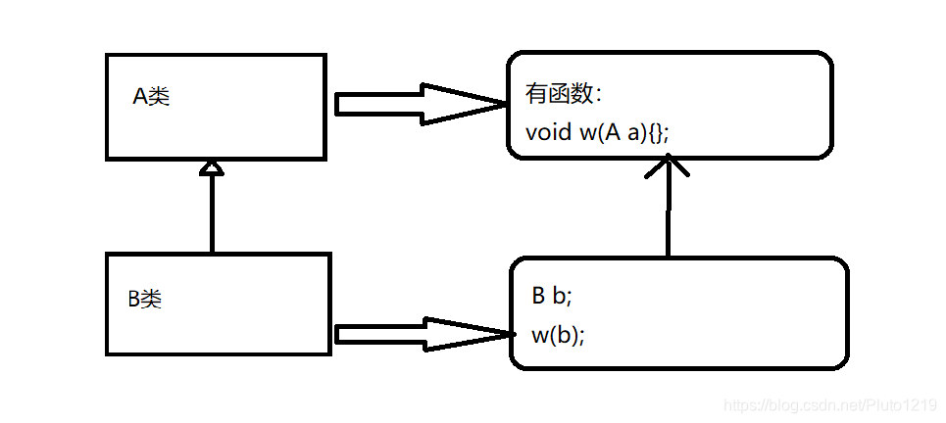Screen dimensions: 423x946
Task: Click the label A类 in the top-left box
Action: (x=151, y=97)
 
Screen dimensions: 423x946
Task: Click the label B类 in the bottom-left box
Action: (x=144, y=300)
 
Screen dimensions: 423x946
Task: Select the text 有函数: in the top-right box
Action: (x=565, y=95)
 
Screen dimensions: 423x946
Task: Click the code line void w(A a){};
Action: (x=597, y=132)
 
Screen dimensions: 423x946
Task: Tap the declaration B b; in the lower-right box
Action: (x=551, y=297)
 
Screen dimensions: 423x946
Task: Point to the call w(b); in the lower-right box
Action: (x=558, y=335)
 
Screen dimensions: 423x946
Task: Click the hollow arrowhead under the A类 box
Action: (x=211, y=168)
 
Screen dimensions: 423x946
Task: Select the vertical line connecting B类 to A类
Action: (x=211, y=215)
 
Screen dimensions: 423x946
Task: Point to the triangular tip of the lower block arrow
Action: (x=471, y=335)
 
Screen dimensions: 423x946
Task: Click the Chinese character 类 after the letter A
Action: (x=159, y=97)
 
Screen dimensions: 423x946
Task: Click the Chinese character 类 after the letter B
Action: (x=151, y=300)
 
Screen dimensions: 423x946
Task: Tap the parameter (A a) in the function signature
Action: (x=629, y=132)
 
